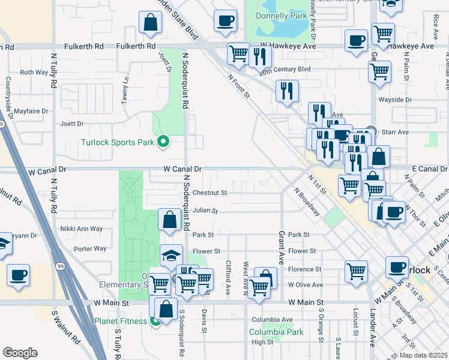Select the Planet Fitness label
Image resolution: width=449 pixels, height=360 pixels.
[121, 321]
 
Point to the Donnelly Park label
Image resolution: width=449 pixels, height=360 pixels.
[277, 16]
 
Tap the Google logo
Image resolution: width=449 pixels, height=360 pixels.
[20, 353]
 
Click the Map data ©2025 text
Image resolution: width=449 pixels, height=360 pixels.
[423, 355]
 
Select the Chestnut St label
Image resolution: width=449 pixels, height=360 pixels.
[210, 193]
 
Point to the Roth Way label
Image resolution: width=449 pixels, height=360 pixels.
[34, 72]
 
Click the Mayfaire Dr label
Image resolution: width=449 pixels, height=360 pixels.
[31, 111]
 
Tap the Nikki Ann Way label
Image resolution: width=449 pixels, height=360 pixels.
[82, 229]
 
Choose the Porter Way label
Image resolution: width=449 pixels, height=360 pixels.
[89, 248]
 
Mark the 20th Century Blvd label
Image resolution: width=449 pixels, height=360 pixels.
[285, 70]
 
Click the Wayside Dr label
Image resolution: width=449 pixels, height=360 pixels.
[394, 100]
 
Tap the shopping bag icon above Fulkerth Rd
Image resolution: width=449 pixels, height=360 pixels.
[150, 23]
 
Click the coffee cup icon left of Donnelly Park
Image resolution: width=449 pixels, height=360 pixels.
[225, 21]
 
